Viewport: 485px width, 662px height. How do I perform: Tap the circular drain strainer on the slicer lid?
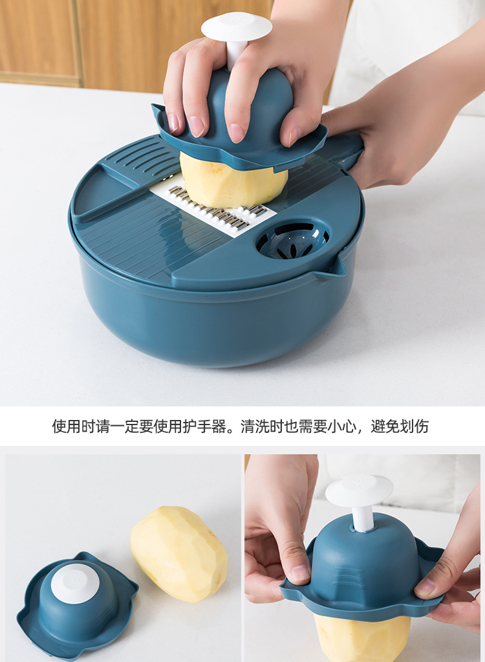click(292, 240)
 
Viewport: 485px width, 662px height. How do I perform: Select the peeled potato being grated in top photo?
click(233, 181)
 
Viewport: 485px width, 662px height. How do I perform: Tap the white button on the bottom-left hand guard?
click(75, 583)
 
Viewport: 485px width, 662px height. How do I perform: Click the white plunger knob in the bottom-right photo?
click(359, 491)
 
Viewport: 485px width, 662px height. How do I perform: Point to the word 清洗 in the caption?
click(255, 426)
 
